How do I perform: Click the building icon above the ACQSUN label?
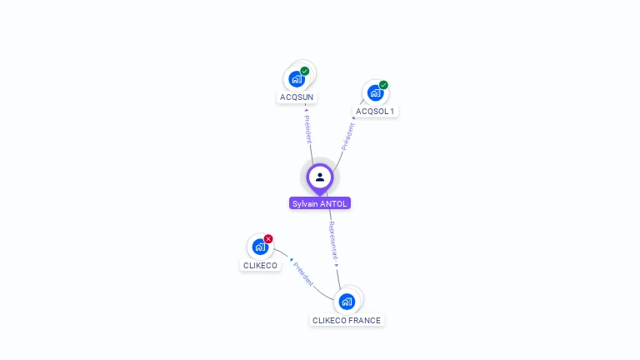(296, 80)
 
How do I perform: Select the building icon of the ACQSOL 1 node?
(375, 93)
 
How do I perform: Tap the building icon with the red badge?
(259, 247)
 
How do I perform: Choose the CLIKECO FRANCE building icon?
(347, 301)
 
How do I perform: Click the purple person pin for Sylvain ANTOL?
(319, 177)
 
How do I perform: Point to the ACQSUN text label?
(297, 97)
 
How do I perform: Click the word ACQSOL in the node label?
(372, 111)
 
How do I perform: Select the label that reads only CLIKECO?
(260, 266)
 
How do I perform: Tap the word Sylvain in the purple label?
(307, 203)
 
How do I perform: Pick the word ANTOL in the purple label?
(335, 203)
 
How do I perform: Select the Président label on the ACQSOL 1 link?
(347, 136)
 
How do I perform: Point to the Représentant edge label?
(332, 242)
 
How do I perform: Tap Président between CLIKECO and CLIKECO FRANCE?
(303, 274)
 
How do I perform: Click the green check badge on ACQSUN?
(305, 71)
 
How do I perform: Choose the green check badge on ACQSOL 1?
(383, 85)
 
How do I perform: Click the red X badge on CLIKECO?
(268, 239)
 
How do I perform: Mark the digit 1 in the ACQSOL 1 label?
(392, 111)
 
